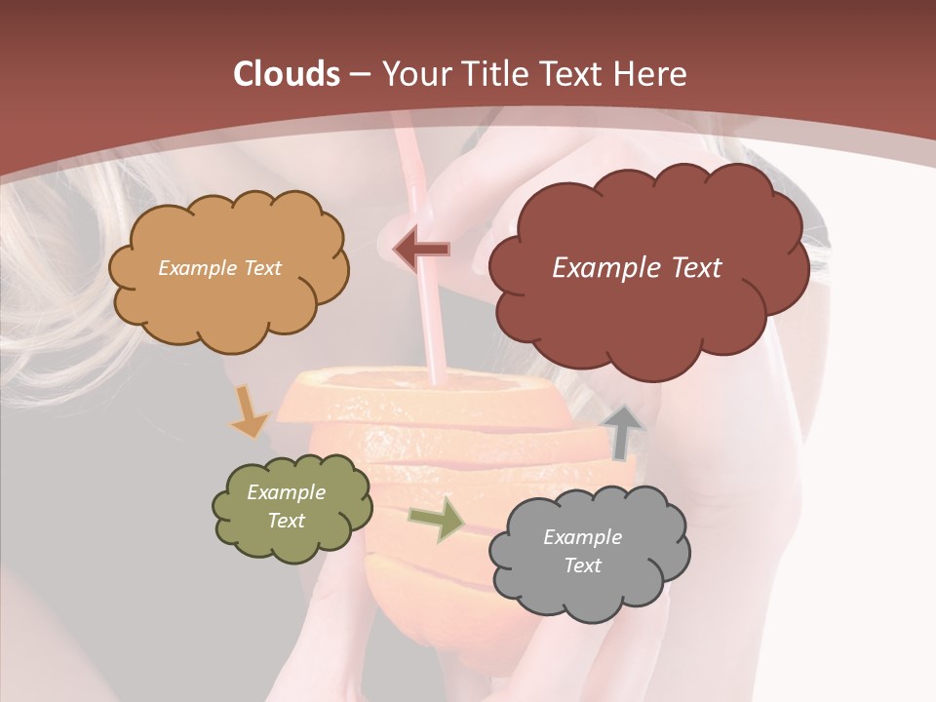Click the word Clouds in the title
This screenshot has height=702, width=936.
(288, 74)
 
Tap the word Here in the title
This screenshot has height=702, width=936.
(651, 74)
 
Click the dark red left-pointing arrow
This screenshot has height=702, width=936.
(421, 251)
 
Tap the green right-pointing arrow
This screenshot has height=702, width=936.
(436, 518)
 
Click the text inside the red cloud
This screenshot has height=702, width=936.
(637, 268)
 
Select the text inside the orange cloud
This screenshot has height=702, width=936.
(219, 268)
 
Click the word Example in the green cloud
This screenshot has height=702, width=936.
(286, 492)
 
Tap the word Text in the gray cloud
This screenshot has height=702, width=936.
(582, 565)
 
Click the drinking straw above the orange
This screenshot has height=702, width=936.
(426, 292)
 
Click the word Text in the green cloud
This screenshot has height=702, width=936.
(286, 521)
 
